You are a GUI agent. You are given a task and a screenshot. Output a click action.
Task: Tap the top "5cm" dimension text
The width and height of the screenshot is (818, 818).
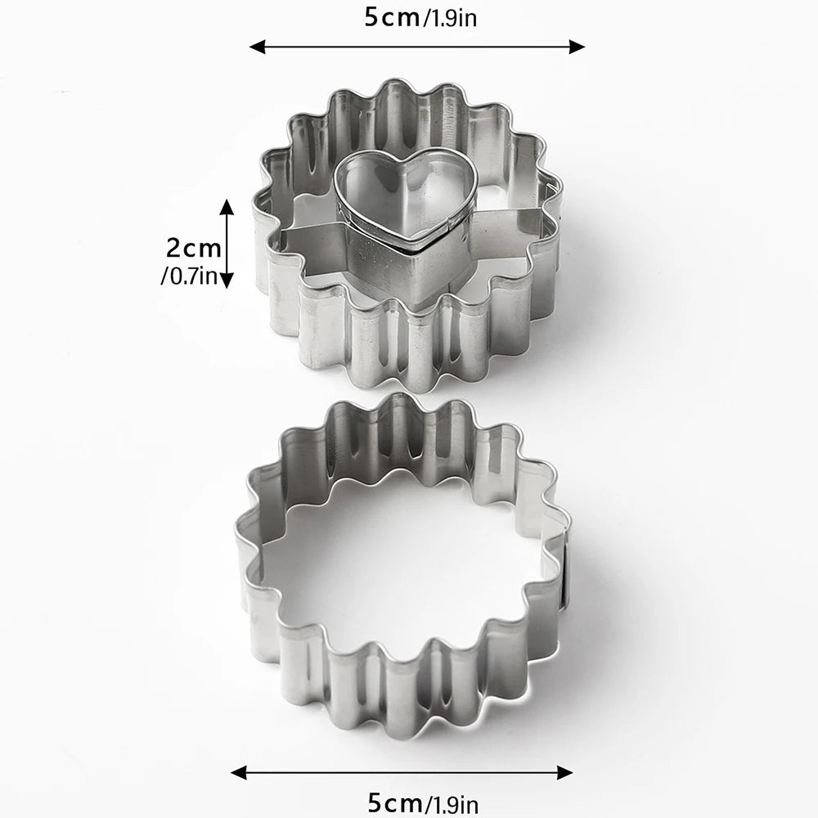393,17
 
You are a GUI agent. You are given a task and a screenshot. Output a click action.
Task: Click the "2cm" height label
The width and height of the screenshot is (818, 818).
194,248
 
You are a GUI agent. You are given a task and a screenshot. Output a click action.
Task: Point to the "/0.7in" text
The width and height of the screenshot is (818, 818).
188,275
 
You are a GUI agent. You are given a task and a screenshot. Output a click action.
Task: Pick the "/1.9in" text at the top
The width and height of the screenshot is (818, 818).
450,18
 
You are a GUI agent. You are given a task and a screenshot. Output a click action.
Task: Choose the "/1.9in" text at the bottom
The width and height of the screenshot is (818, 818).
452,803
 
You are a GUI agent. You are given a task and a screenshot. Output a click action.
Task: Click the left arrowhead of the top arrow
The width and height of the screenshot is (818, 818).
257,47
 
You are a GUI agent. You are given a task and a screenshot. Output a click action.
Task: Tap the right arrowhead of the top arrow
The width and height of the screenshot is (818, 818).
577,47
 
